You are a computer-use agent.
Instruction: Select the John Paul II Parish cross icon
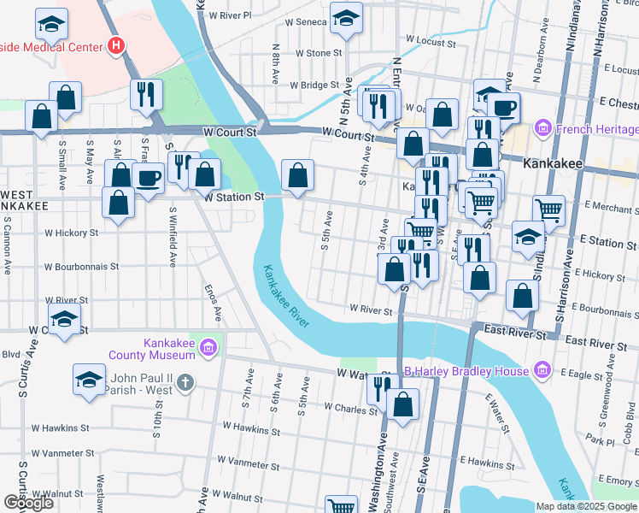coord(186,384)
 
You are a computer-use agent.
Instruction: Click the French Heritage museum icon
coord(542,129)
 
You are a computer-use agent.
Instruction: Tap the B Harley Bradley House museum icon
coord(541,370)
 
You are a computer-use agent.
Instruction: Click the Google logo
coord(28,503)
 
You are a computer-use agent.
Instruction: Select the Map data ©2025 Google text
coord(585,506)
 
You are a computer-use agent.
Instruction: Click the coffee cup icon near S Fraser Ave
coord(149,179)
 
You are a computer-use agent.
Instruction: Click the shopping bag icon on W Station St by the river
coord(296,177)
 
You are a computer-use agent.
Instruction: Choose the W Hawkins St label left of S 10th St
coord(61,427)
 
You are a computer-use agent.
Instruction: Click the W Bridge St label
coord(315,85)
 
